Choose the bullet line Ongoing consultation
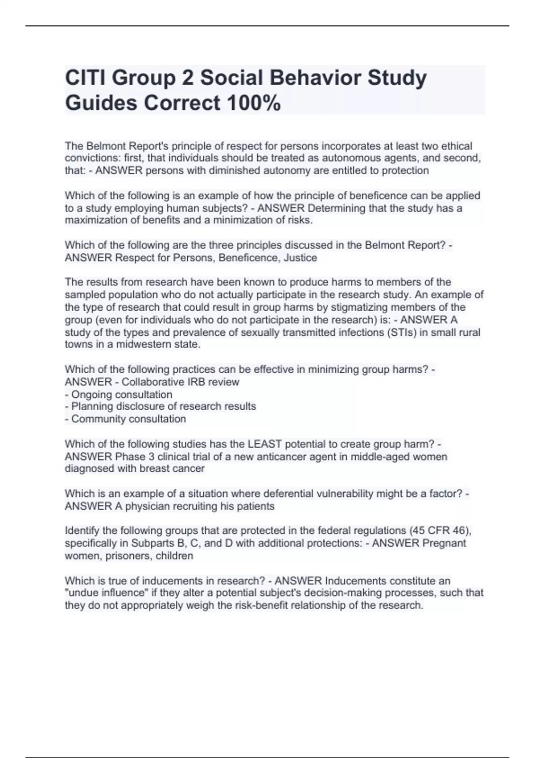121,395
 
